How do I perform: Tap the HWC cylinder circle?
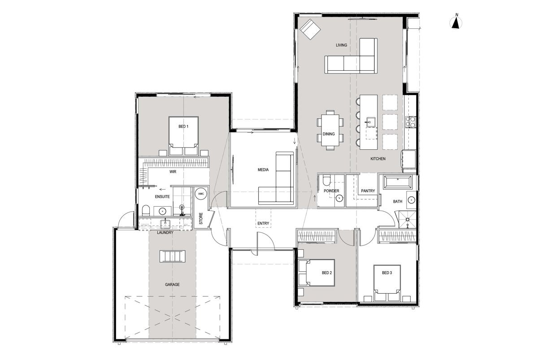(201, 194)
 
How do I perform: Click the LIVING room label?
(341, 45)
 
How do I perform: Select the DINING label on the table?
(329, 134)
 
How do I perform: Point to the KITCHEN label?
(378, 159)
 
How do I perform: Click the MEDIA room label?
(263, 170)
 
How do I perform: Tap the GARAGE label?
(172, 285)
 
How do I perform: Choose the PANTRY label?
(368, 191)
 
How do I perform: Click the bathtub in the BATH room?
(398, 182)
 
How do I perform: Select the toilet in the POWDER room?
(326, 181)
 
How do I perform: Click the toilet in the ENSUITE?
(146, 210)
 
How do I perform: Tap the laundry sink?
(165, 224)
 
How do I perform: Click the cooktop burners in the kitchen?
(411, 121)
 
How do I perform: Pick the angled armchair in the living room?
(310, 29)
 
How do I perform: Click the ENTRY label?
(263, 223)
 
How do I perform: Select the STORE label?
(201, 218)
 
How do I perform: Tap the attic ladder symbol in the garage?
(173, 256)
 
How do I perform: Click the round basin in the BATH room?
(412, 200)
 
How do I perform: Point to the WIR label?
(173, 172)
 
